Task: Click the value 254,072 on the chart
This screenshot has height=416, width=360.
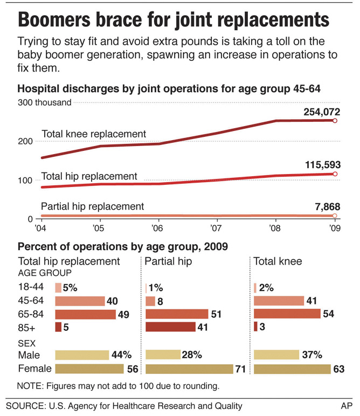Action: [318, 112]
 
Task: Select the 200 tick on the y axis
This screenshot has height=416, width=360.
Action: [26, 141]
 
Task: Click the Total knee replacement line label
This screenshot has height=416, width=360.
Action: [94, 134]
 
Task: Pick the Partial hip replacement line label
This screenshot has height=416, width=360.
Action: [93, 206]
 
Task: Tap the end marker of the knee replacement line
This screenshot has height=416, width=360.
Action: [335, 121]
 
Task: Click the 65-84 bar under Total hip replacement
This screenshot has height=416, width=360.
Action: [85, 314]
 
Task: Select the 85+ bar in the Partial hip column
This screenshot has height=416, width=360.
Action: [170, 327]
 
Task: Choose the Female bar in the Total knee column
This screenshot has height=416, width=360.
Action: [292, 369]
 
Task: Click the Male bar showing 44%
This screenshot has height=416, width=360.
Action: [82, 355]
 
